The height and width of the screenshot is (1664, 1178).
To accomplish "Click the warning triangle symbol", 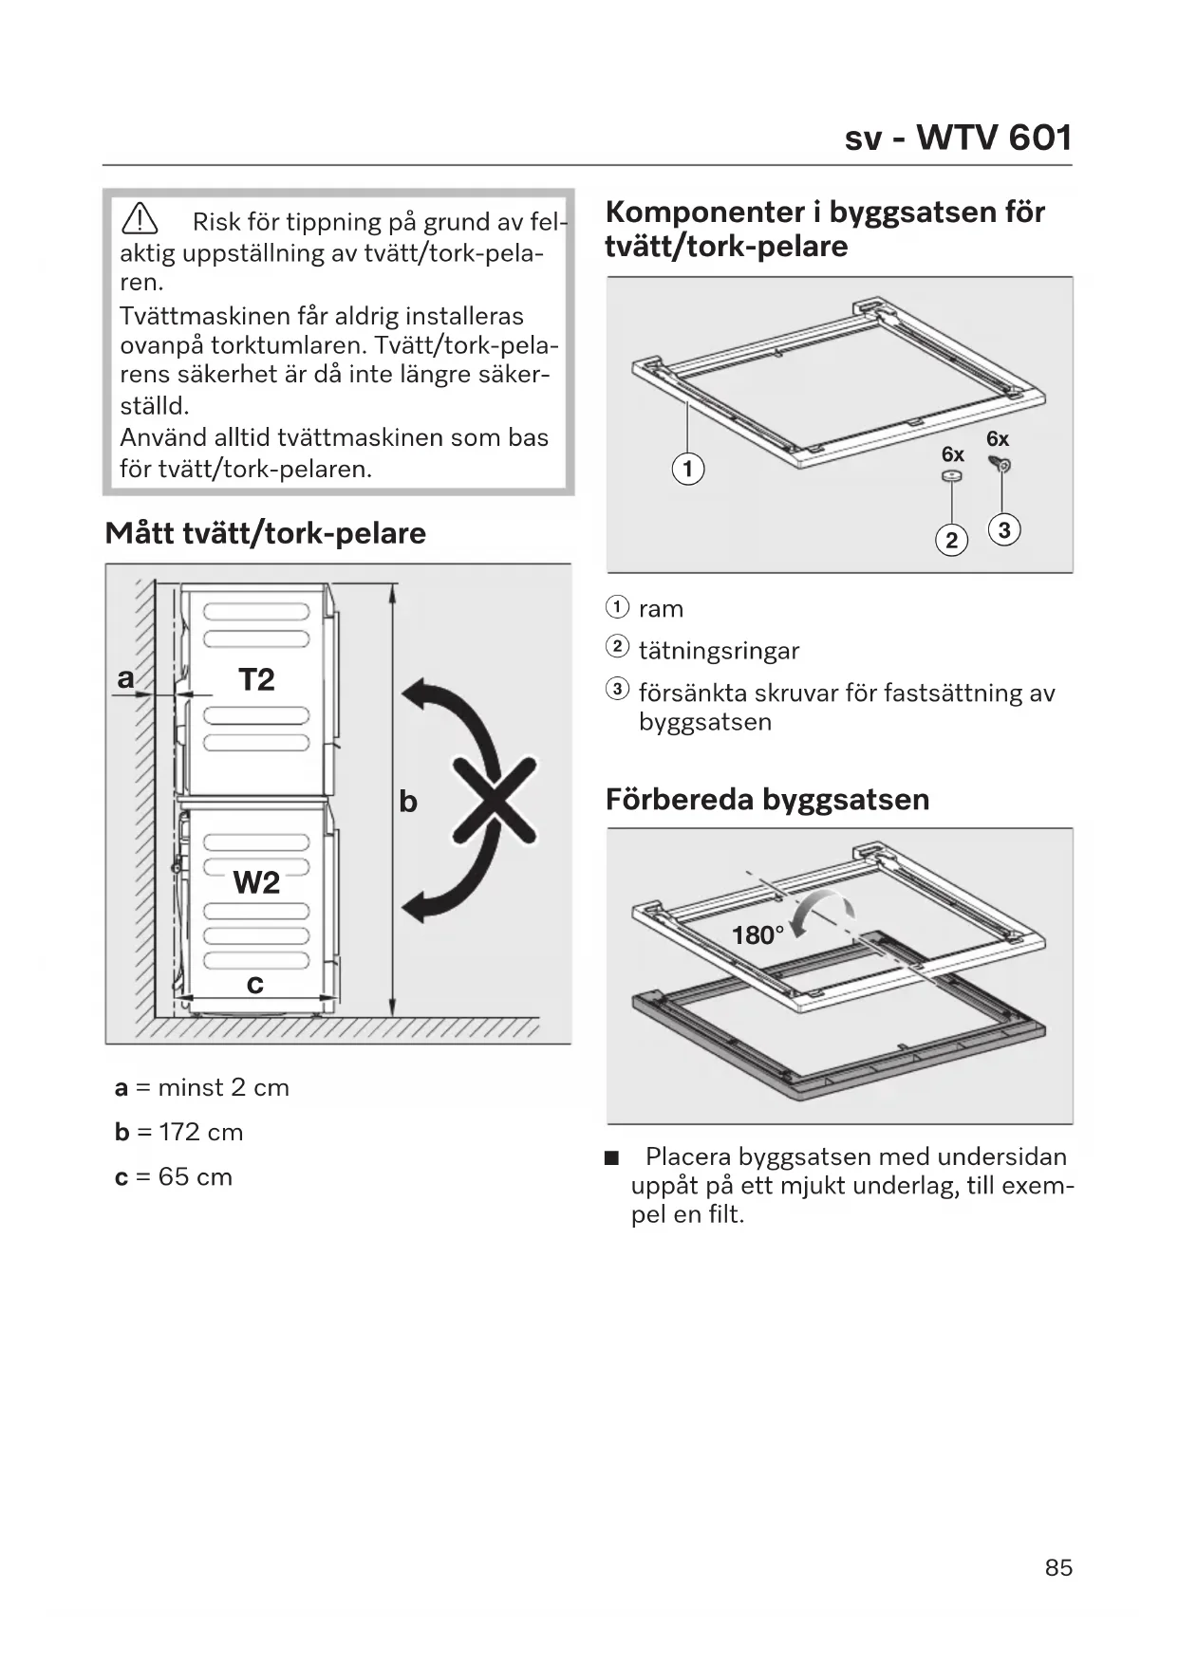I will click(x=140, y=220).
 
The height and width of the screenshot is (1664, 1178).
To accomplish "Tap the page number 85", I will click(x=1058, y=1567).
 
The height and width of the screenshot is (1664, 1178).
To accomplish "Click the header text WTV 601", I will click(x=993, y=139).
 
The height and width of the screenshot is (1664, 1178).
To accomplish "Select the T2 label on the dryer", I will click(x=256, y=679).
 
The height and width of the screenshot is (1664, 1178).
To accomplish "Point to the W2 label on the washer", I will click(x=256, y=882).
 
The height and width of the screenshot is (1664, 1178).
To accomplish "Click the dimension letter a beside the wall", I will click(x=125, y=678).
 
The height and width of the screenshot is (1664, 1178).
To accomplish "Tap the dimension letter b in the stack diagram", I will click(x=408, y=803).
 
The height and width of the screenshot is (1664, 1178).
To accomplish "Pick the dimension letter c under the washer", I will click(x=254, y=985).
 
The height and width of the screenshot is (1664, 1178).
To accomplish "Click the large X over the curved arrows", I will click(x=494, y=800).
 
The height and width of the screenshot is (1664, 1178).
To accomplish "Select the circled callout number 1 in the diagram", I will click(x=688, y=469).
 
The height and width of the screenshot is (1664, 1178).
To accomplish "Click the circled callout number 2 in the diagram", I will click(x=951, y=540).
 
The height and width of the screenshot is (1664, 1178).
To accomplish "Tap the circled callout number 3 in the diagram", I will click(x=1003, y=529).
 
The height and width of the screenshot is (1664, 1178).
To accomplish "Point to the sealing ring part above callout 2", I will click(x=951, y=476).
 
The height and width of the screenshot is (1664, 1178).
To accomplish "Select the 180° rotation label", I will click(x=757, y=935).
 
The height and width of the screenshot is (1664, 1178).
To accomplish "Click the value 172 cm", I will click(x=201, y=1133).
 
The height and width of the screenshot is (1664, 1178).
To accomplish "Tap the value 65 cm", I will click(x=196, y=1177).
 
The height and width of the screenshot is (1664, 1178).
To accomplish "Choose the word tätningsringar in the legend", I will click(x=719, y=651).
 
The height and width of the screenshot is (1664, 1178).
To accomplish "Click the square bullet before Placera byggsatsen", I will click(x=611, y=1157).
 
